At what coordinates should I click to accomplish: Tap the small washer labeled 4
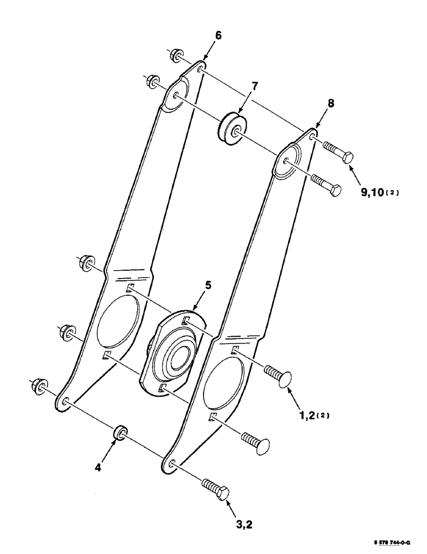tap(119, 433)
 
